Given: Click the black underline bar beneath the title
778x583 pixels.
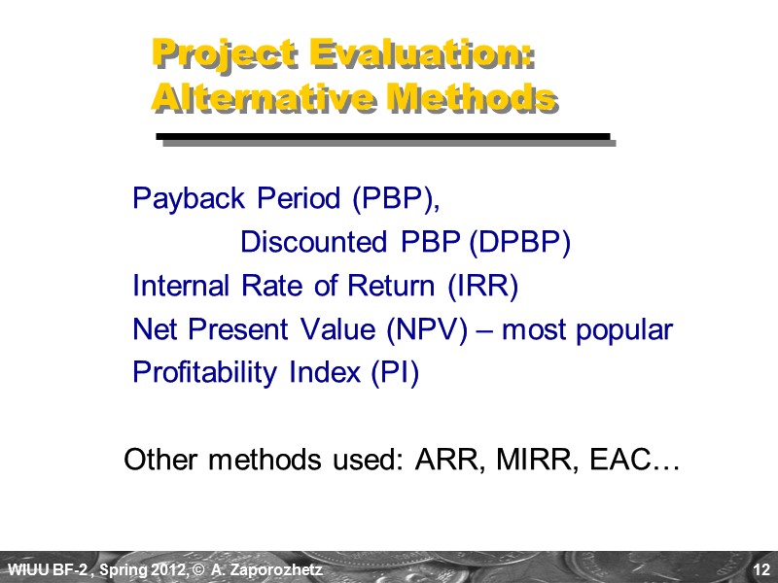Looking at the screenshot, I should point(383,137).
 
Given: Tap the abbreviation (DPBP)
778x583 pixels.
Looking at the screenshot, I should point(518,243).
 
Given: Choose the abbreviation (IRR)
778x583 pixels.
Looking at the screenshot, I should point(483,287).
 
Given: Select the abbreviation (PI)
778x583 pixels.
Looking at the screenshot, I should point(395,374).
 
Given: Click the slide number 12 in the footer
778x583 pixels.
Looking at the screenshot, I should point(760,568).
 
